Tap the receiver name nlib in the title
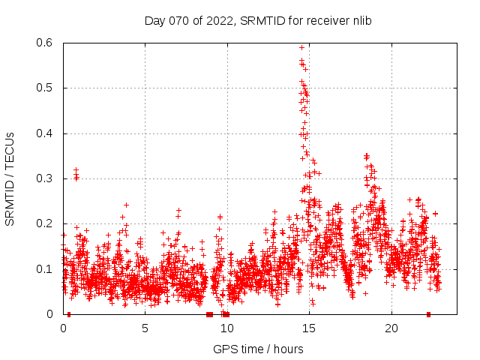tap(360, 21)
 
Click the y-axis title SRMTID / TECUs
tap(10, 178)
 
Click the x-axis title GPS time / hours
tap(258, 349)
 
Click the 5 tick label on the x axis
tap(145, 328)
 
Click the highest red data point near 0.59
tap(301, 47)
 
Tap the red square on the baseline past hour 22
tap(428, 313)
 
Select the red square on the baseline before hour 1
tap(69, 313)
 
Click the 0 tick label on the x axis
tap(63, 328)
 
